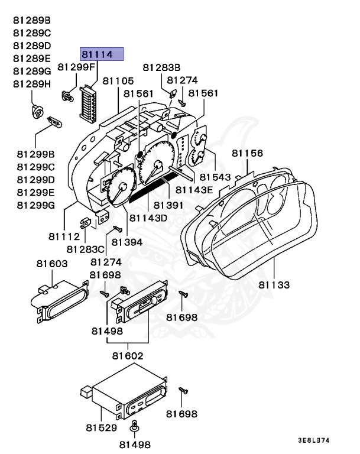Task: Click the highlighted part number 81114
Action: click(x=101, y=55)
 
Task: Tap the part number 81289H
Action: click(x=32, y=84)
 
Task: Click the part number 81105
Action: click(x=118, y=80)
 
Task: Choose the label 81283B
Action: click(x=161, y=67)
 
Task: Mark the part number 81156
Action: click(x=247, y=153)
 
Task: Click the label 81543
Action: click(x=215, y=177)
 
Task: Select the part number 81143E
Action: click(x=197, y=190)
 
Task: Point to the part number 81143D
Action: click(x=148, y=218)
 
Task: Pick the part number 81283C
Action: click(x=86, y=249)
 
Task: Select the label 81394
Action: click(x=127, y=242)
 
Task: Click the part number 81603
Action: click(x=51, y=263)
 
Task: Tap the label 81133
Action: click(x=274, y=285)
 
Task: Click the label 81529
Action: click(x=101, y=427)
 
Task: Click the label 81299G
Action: click(x=35, y=205)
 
